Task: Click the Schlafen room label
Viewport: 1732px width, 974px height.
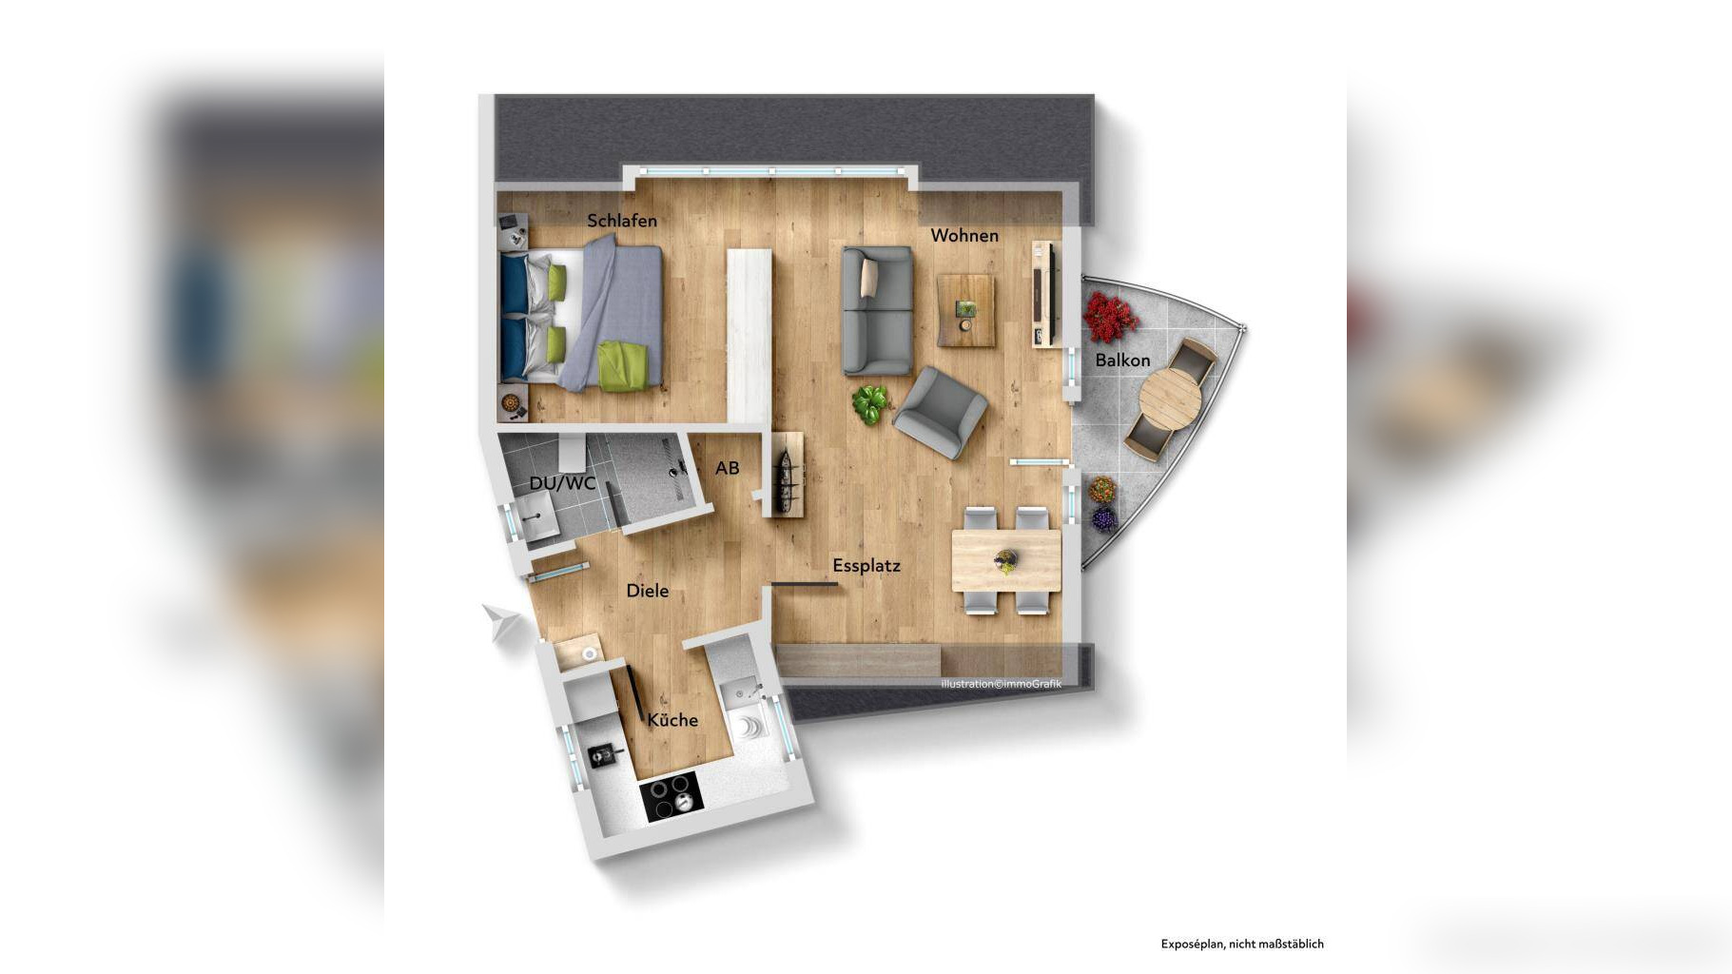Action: pyautogui.click(x=622, y=221)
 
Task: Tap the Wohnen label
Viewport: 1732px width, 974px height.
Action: pyautogui.click(x=964, y=235)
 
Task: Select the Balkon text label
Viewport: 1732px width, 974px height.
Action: pyautogui.click(x=1122, y=360)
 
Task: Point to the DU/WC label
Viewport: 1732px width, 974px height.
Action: pyautogui.click(x=562, y=483)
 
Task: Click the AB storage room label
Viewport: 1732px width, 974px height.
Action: pyautogui.click(x=728, y=468)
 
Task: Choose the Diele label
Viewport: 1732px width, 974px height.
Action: pyautogui.click(x=648, y=591)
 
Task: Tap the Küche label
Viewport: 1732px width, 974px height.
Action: pyautogui.click(x=672, y=720)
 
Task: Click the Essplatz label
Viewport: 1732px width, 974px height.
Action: pyautogui.click(x=866, y=565)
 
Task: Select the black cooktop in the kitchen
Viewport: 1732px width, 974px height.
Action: pyautogui.click(x=671, y=796)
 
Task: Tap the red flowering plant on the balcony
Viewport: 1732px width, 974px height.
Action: pyautogui.click(x=1110, y=317)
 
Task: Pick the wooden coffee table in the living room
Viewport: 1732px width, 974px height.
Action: pyautogui.click(x=966, y=310)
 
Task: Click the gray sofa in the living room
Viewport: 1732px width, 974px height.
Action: pyautogui.click(x=877, y=310)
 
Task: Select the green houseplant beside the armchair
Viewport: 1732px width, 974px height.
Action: pyautogui.click(x=870, y=403)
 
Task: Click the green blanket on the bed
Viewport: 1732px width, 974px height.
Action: pyautogui.click(x=623, y=365)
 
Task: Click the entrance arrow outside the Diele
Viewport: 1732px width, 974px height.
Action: pyautogui.click(x=501, y=622)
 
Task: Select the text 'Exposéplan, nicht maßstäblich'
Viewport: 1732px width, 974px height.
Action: pyautogui.click(x=1242, y=944)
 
